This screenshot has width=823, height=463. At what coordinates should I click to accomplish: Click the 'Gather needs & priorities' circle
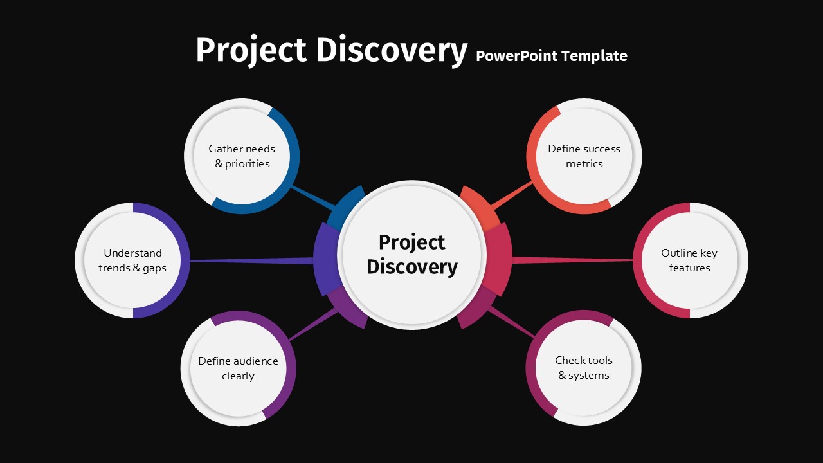[242, 156]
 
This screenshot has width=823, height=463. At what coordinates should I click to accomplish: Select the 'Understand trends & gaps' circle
[132, 260]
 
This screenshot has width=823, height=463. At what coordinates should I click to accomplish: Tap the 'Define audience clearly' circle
[238, 368]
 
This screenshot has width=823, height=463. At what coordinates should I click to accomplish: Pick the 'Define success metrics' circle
[584, 156]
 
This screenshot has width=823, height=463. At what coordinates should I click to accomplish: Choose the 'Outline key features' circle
[690, 260]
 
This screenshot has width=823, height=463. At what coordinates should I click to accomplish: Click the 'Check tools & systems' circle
[583, 368]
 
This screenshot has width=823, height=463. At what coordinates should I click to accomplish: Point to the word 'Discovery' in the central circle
[412, 267]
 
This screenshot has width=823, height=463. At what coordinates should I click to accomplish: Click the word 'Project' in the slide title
[251, 51]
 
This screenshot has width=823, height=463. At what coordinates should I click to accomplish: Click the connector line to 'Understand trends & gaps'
[252, 261]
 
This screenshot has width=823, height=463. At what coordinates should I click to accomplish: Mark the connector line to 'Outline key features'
[572, 260]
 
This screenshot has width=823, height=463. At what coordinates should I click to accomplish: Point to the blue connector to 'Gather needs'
[313, 199]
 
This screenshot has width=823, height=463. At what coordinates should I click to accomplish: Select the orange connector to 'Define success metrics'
[512, 195]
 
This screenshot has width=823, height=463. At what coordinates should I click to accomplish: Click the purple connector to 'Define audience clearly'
[313, 324]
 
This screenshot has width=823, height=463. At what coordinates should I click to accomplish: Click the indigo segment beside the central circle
[326, 259]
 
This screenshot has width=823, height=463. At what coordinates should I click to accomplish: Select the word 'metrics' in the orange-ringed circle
[584, 163]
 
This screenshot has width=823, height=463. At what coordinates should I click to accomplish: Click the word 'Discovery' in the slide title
[392, 51]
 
